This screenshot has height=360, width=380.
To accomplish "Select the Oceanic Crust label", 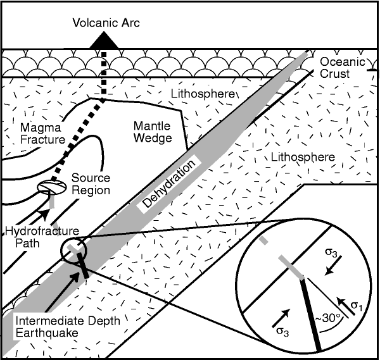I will [x=342, y=68].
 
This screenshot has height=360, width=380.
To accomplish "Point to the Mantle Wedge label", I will [x=153, y=130].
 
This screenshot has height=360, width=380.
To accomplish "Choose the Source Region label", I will [x=91, y=184].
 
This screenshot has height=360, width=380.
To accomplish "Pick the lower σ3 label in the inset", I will [x=283, y=330].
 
